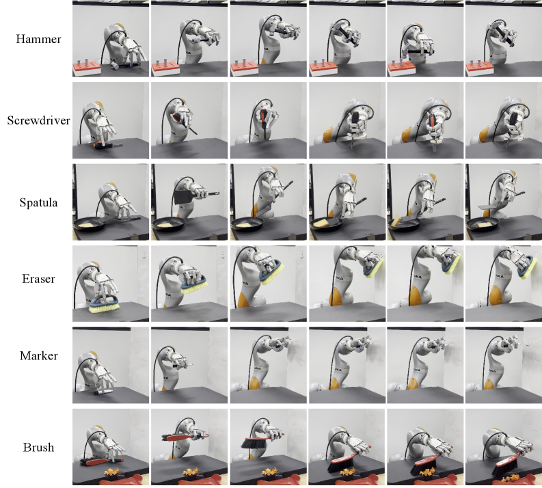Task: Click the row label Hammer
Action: pos(38,39)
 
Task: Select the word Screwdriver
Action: pos(38,120)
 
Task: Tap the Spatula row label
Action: pos(38,202)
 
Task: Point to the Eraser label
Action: pos(38,279)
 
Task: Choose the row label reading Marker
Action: pos(38,355)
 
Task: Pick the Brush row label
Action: pos(38,448)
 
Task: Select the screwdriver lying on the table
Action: pos(107,145)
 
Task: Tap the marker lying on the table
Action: pos(103,392)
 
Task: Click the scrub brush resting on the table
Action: pos(104,304)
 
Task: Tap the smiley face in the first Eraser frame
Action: pos(143,256)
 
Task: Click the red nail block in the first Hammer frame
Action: pos(86,69)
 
